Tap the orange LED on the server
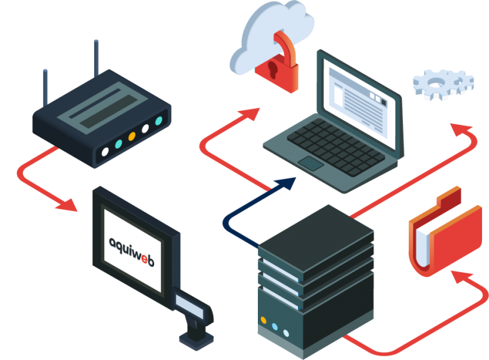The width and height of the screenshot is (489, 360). click(263, 319)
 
